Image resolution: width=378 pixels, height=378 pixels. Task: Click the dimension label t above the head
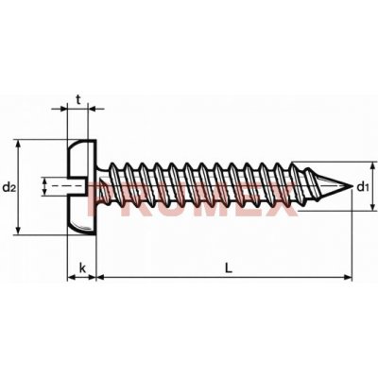click(78, 100)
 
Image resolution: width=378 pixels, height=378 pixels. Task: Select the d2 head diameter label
click(9, 187)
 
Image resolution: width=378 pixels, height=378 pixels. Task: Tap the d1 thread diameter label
click(363, 187)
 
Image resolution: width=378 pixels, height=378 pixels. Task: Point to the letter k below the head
click(82, 268)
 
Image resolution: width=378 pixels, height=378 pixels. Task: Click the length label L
click(229, 268)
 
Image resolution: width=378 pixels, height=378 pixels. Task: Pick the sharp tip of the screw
click(352, 186)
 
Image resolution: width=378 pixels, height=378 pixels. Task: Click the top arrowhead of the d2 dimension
click(19, 144)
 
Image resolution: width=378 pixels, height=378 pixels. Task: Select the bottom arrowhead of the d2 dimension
click(19, 231)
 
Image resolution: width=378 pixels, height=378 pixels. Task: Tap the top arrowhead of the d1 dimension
click(373, 165)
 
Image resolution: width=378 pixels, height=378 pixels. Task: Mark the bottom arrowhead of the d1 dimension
click(373, 206)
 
